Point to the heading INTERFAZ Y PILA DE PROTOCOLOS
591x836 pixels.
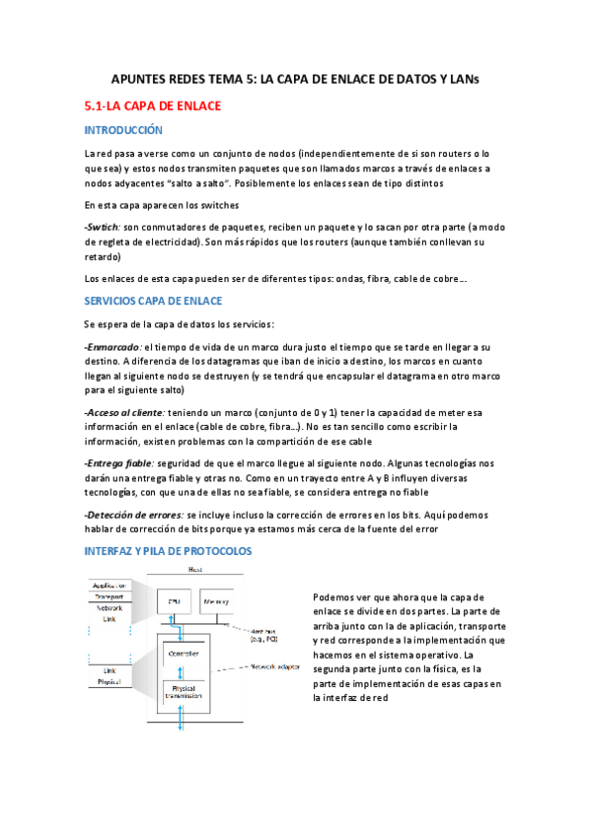(169, 549)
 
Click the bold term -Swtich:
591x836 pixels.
(103, 227)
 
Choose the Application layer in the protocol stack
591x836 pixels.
(109, 586)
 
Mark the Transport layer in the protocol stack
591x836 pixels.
(109, 597)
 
